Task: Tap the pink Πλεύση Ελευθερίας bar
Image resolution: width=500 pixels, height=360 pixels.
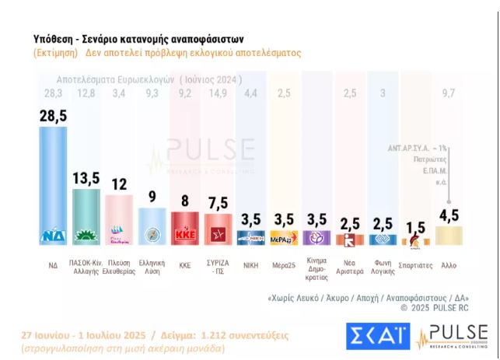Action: click(119, 218)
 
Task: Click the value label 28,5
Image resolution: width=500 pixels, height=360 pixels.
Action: click(53, 115)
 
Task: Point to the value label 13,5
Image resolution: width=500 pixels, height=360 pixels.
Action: click(86, 178)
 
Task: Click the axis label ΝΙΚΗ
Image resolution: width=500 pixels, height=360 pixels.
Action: click(252, 265)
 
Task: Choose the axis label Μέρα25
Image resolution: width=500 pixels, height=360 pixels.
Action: click(285, 265)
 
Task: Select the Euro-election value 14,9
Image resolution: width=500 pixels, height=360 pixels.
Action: click(219, 93)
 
